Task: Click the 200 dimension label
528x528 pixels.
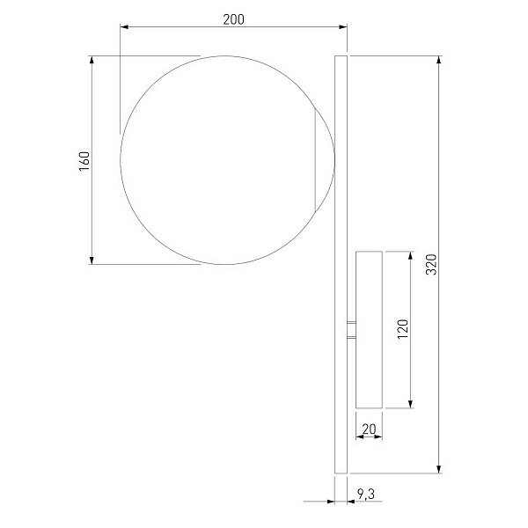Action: [233, 19]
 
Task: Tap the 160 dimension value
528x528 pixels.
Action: [84, 161]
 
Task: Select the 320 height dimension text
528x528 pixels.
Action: [431, 264]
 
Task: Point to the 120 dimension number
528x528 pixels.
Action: [403, 329]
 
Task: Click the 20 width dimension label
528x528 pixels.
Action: [369, 429]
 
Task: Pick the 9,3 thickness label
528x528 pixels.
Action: [366, 494]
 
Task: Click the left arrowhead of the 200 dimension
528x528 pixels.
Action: [124, 26]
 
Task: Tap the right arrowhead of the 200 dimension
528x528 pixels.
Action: [343, 26]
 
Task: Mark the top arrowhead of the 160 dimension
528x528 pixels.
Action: [92, 60]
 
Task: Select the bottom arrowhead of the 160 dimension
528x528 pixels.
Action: [92, 260]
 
